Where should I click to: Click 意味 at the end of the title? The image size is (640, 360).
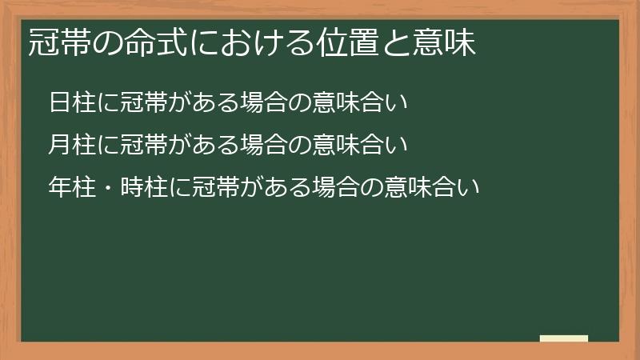pos(443,43)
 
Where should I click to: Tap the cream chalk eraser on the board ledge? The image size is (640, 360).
pos(564,338)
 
